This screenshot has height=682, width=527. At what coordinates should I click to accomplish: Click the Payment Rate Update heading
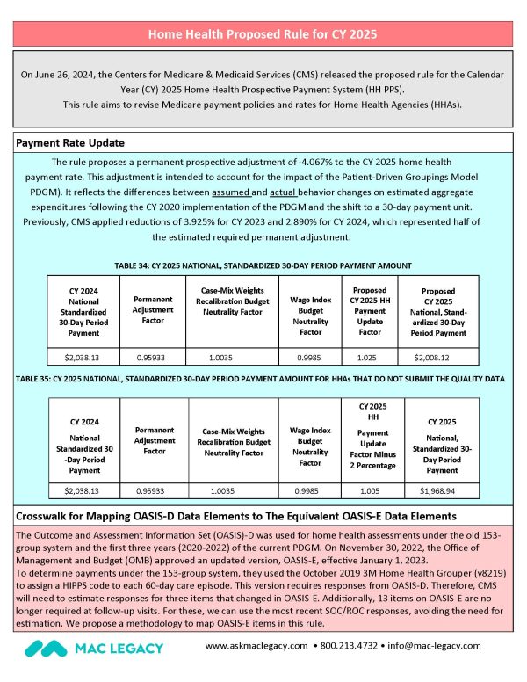click(70, 142)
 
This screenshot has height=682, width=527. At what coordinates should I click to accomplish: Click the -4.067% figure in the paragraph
click(313, 162)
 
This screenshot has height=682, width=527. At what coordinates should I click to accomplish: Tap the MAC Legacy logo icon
click(44, 648)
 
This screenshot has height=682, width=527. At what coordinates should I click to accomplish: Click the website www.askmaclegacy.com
click(258, 646)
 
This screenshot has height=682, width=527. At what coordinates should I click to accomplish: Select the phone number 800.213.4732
click(358, 646)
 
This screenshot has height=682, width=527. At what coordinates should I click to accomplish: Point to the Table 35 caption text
click(263, 380)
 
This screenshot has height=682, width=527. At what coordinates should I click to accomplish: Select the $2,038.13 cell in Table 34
click(83, 358)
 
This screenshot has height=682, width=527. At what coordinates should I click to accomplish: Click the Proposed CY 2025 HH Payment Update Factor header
click(370, 310)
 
